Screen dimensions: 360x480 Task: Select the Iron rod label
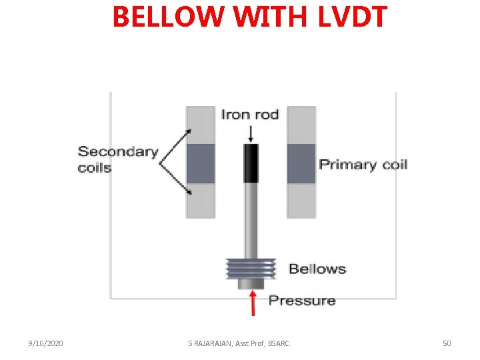pyautogui.click(x=250, y=115)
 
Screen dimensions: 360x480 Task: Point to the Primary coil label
pyautogui.click(x=363, y=164)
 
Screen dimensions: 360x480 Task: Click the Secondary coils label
pyautogui.click(x=117, y=159)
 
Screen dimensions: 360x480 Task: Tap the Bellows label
pyautogui.click(x=317, y=269)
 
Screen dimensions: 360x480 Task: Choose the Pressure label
pyautogui.click(x=302, y=301)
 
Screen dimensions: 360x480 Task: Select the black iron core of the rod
pyautogui.click(x=251, y=163)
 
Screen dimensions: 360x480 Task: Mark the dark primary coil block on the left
pyautogui.click(x=200, y=163)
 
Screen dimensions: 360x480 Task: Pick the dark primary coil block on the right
pyautogui.click(x=301, y=163)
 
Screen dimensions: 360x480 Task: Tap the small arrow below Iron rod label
pyautogui.click(x=251, y=133)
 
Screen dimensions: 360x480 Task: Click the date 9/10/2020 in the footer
pyautogui.click(x=46, y=343)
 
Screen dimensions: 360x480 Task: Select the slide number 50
pyautogui.click(x=447, y=343)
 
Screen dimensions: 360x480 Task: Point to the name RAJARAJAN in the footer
pyautogui.click(x=213, y=343)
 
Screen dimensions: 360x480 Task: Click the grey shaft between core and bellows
pyautogui.click(x=251, y=220)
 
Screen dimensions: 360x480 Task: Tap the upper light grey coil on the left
pyautogui.click(x=200, y=125)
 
